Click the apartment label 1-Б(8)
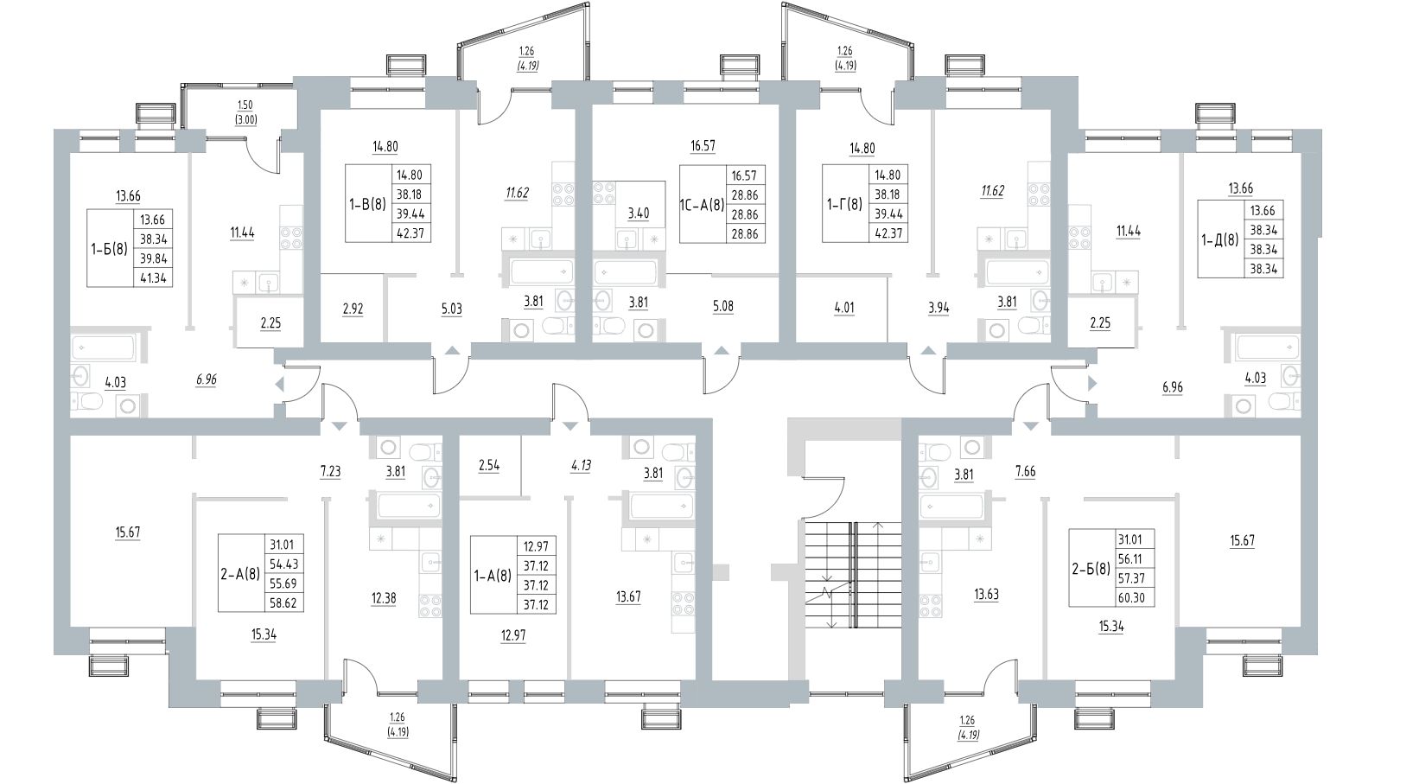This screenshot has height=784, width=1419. [x=109, y=248]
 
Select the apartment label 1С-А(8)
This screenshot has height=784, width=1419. [x=699, y=205]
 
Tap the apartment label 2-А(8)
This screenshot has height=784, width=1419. [x=239, y=573]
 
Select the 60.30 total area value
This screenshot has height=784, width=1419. [x=1136, y=596]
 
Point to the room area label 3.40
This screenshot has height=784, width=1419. [x=639, y=213]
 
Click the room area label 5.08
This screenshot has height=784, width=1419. [x=722, y=307]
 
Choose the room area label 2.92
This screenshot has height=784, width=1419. [x=353, y=308]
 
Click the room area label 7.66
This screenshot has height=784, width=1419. [x=1025, y=471]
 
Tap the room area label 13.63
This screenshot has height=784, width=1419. [x=985, y=595]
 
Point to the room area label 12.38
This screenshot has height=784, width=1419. [x=383, y=597]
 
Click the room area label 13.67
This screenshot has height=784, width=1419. [x=628, y=596]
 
